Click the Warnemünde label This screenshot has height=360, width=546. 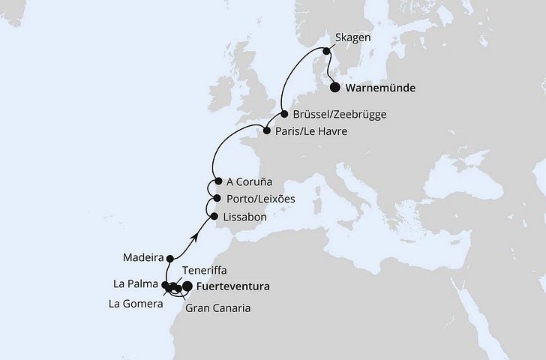point(381,88)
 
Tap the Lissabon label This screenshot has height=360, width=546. point(244,217)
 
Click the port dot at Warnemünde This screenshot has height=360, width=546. point(334,87)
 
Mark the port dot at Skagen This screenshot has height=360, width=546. point(326,51)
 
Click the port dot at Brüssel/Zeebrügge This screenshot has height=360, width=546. point(285,115)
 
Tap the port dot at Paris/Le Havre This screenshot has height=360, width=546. point(267,132)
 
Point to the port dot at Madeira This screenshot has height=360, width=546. point(170,256)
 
